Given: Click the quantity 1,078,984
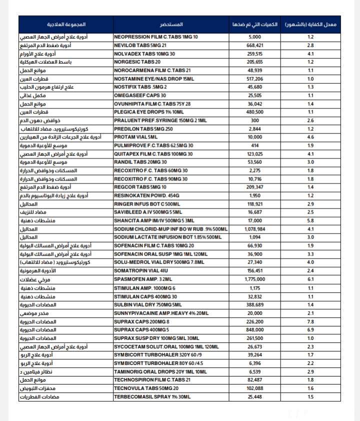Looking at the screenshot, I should pyautogui.click(x=255, y=229).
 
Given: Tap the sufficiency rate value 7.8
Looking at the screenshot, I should pyautogui.click(x=310, y=322).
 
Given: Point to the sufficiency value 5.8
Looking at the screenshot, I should pyautogui.click(x=310, y=220).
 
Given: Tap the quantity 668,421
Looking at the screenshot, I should pyautogui.click(x=255, y=45).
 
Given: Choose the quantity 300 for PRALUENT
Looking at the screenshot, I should pyautogui.click(x=255, y=120).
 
